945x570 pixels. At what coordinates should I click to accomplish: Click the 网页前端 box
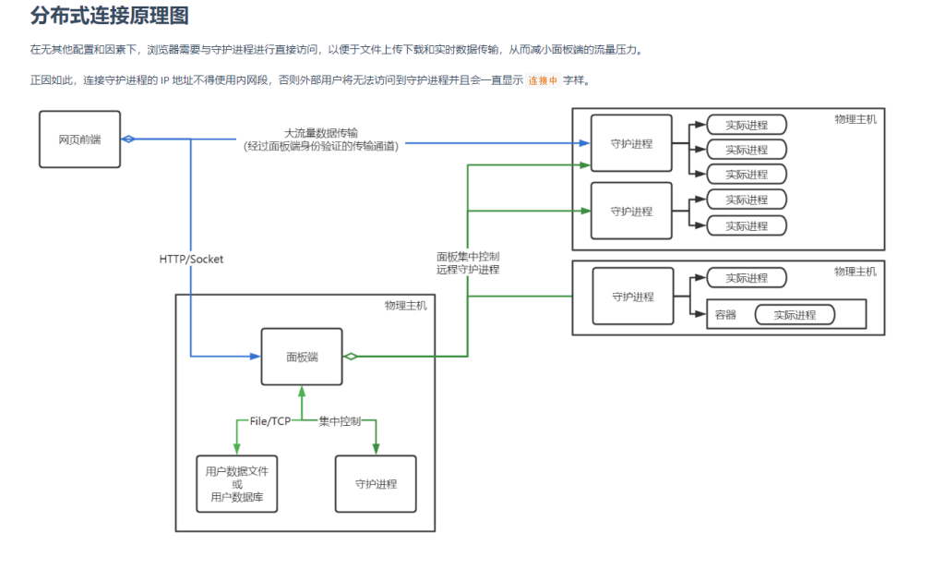pos(79,139)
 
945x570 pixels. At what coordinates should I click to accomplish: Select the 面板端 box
pos(302,357)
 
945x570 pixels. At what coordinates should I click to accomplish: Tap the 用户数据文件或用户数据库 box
pos(237,484)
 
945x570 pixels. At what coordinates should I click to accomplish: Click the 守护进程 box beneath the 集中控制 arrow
pos(376,484)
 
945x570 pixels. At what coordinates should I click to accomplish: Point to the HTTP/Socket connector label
pos(191,260)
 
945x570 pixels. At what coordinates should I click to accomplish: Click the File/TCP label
pos(269,421)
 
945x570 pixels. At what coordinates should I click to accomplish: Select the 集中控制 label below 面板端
pos(340,421)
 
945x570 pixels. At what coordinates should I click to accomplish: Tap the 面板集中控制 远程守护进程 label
pos(468,263)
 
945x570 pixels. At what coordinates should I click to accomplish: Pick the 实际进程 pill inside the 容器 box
pos(795,315)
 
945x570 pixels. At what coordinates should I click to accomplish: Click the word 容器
pos(726,315)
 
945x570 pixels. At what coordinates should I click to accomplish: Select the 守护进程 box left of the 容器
pos(633,297)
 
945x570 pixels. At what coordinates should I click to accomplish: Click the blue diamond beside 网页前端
pos(129,139)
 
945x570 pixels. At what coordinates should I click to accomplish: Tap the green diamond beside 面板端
pos(351,357)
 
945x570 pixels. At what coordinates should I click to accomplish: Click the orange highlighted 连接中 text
pos(543,80)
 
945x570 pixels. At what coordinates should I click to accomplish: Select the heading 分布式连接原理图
pos(110,16)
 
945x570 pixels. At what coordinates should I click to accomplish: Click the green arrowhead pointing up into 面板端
pos(302,392)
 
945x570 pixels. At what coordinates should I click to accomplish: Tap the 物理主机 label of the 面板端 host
pos(406,306)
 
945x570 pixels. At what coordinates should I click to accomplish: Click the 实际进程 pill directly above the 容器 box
pos(746,278)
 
